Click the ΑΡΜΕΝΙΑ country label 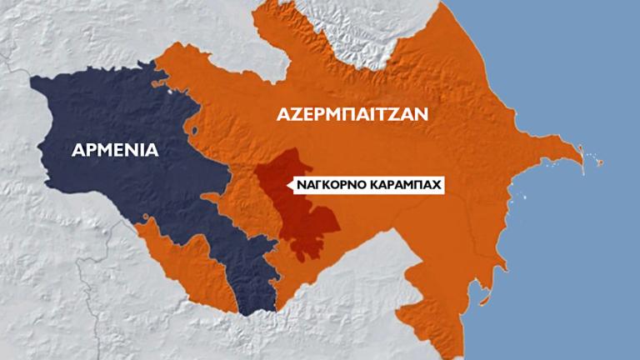pyautogui.click(x=115, y=150)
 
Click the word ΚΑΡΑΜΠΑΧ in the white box pyautogui.click(x=405, y=186)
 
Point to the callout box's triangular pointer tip pyautogui.click(x=287, y=185)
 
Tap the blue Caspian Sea pyautogui.click(x=567, y=250)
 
